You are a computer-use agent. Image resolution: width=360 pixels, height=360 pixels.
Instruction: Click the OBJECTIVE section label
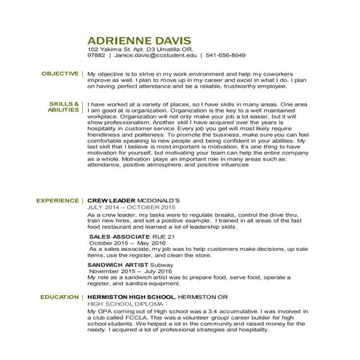click(60, 73)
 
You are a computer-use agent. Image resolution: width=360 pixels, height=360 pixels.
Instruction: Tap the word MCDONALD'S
click(153, 199)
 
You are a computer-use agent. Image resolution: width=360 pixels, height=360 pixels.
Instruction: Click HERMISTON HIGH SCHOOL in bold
click(131, 297)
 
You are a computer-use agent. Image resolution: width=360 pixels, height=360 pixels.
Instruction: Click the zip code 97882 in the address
click(96, 55)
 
